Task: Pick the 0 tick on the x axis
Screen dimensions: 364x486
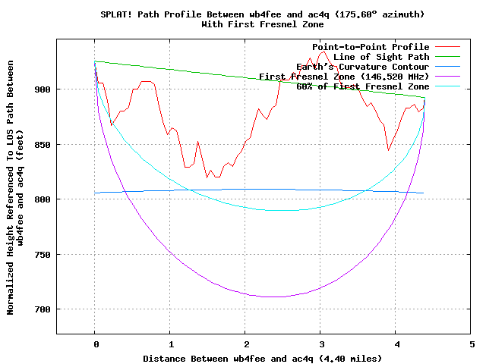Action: (95, 344)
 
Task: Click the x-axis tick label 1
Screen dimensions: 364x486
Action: (170, 344)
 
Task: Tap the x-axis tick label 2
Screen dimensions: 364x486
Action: (245, 344)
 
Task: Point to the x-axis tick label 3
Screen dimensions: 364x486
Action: (321, 344)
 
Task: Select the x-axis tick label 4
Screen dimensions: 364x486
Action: (396, 344)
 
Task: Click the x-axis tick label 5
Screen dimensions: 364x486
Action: (472, 344)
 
